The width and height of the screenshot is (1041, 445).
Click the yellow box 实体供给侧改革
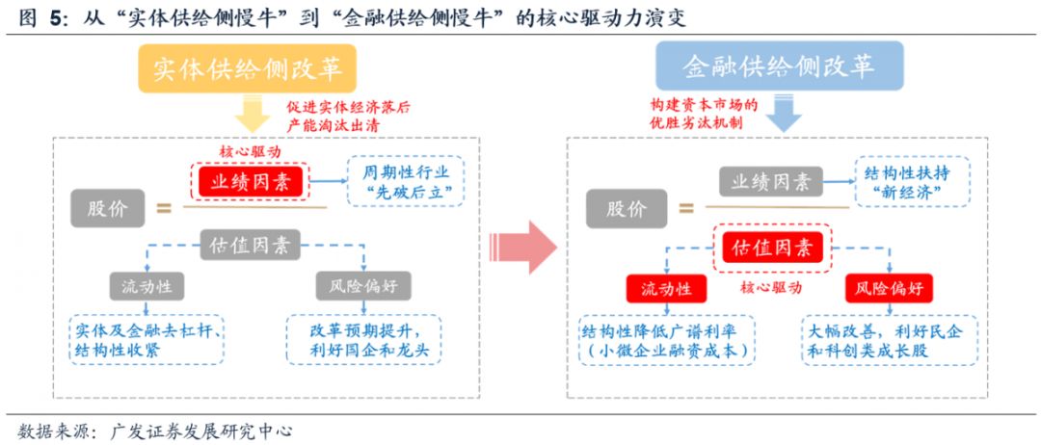point(247,68)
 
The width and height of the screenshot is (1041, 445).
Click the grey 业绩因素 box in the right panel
point(770,181)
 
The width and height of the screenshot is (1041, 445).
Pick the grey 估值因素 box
point(249,245)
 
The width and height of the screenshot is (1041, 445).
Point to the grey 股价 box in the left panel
point(106,207)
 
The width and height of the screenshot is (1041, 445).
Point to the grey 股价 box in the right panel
point(627,207)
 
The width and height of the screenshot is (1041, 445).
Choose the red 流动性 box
point(665,288)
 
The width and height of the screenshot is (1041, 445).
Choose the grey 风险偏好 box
point(363,286)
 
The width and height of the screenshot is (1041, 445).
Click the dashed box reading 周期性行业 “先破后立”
point(405,180)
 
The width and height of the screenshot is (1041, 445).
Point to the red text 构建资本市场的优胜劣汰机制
point(704,115)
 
